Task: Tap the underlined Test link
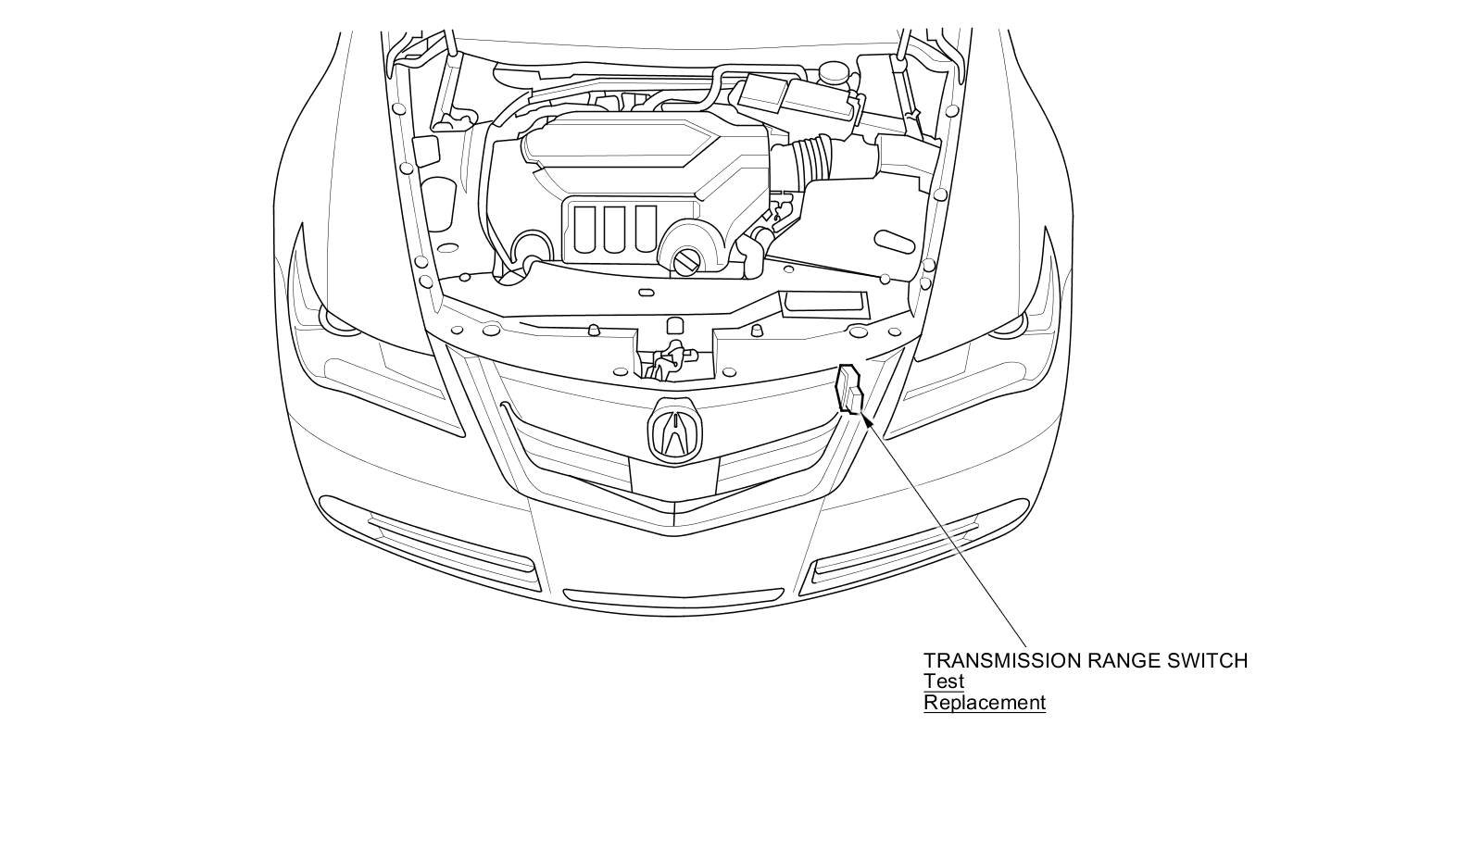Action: (944, 681)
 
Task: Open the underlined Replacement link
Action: (985, 703)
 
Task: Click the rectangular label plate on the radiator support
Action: (824, 304)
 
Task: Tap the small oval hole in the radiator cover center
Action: (646, 293)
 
